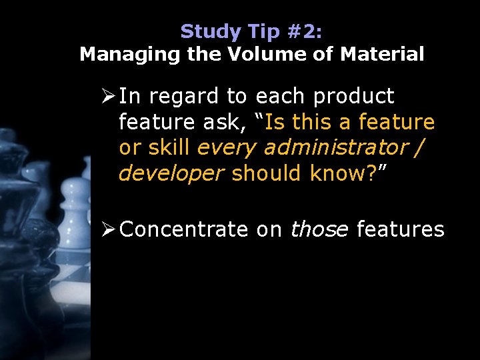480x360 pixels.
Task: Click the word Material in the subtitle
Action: (x=382, y=55)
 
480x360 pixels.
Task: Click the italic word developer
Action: (x=171, y=173)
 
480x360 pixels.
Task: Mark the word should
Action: (x=267, y=173)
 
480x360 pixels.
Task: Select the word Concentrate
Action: (x=183, y=230)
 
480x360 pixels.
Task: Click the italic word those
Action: (x=319, y=230)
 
